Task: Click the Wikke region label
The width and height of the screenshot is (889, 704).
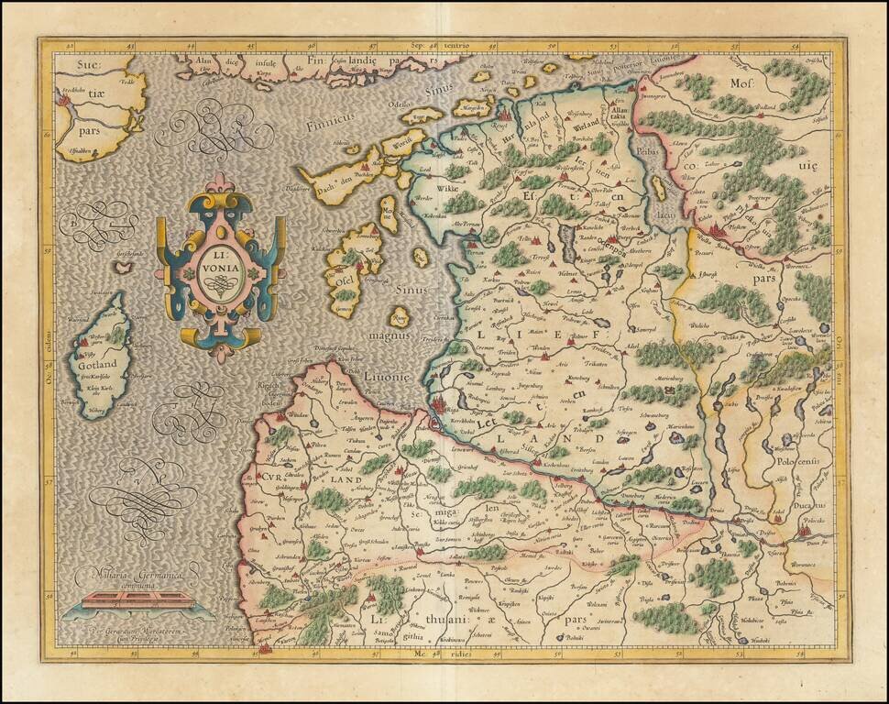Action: (423, 189)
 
